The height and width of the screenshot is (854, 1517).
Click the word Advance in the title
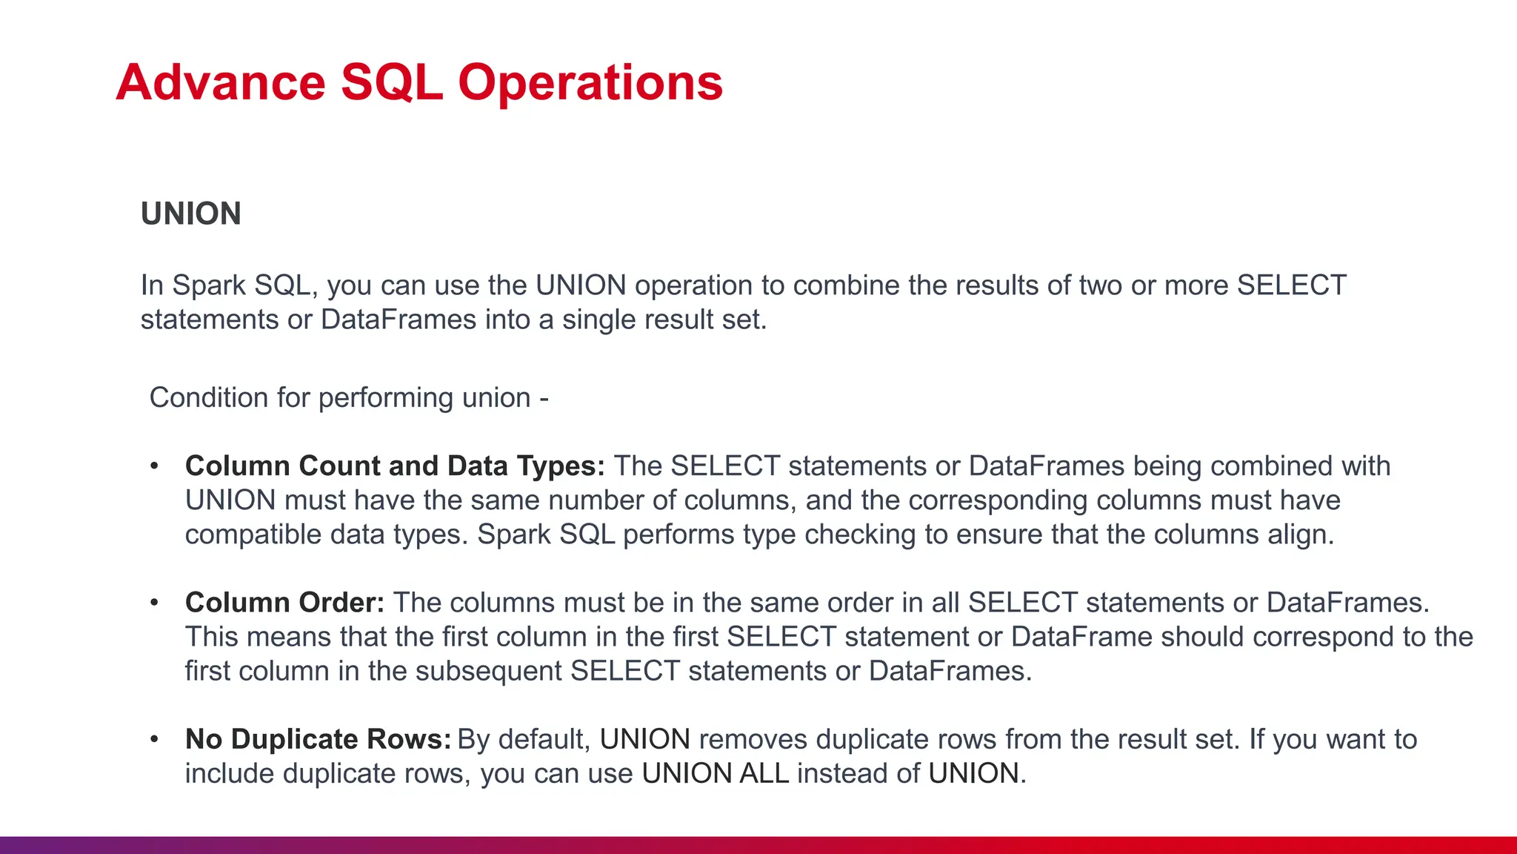(221, 82)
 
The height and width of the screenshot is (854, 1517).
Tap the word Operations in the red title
(590, 82)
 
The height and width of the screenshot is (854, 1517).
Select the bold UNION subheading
(191, 214)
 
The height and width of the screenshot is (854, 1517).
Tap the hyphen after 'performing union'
(544, 399)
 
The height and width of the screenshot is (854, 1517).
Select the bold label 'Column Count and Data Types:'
(395, 466)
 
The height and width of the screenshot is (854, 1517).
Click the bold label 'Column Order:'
(284, 603)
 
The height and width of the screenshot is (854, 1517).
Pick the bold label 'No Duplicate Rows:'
(318, 739)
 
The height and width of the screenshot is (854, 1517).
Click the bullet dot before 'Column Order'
(154, 603)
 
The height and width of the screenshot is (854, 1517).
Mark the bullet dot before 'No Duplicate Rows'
(154, 739)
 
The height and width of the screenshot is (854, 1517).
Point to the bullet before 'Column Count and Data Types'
(154, 466)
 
